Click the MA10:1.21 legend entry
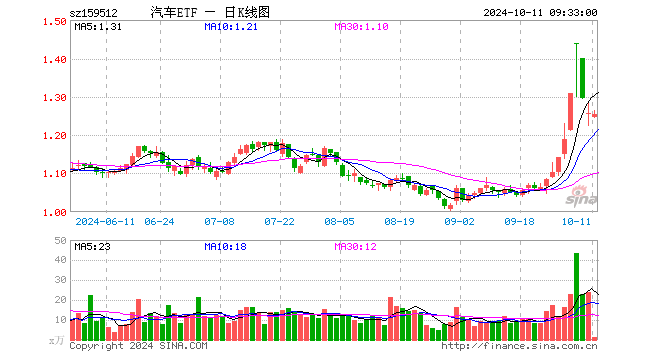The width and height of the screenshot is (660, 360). (229, 27)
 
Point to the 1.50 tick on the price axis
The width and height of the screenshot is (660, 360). (55, 23)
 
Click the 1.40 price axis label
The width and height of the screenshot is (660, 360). (55, 60)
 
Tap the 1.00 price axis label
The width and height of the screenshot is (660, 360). (55, 211)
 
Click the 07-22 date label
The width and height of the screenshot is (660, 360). (279, 222)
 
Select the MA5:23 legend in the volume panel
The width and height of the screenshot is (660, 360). (92, 245)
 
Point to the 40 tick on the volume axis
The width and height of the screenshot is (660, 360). (59, 260)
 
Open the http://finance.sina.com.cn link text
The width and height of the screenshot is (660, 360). (519, 347)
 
